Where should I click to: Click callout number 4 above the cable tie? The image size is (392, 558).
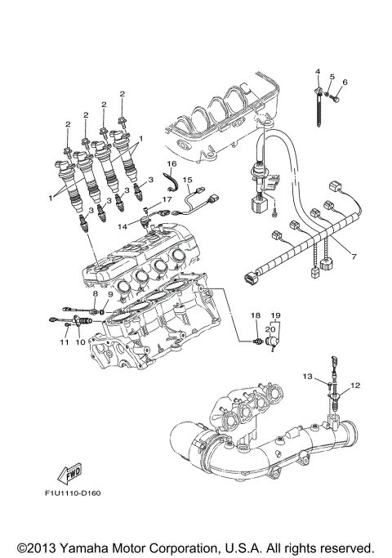[x=318, y=74]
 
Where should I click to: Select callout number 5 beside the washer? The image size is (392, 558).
[x=332, y=77]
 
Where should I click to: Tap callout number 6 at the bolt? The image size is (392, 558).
[x=345, y=82]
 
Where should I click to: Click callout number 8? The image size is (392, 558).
[x=95, y=293]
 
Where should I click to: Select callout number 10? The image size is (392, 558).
[x=81, y=342]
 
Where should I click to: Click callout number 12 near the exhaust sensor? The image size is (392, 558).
[x=355, y=384]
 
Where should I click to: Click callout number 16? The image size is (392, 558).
[x=173, y=164]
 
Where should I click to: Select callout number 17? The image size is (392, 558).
[x=167, y=199]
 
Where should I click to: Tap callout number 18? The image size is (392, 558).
[x=255, y=315]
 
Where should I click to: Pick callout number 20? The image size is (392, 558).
[x=271, y=328]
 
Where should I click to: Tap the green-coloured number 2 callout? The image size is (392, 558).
[x=122, y=95]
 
